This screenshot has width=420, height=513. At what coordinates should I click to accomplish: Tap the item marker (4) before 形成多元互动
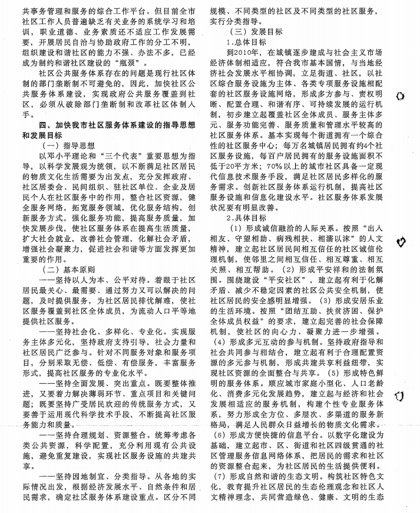(219, 342)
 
